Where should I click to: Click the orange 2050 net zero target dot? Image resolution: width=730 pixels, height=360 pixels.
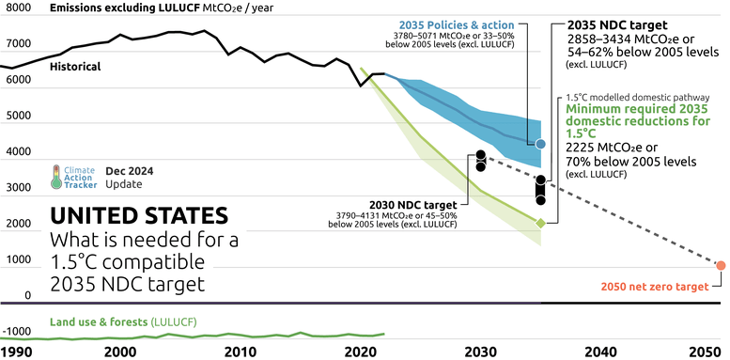[x=721, y=265]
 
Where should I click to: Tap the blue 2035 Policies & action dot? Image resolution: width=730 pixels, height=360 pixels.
[x=540, y=144]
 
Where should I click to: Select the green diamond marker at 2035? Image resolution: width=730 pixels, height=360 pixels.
[x=540, y=223]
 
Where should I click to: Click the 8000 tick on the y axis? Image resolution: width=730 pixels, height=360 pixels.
[x=16, y=8]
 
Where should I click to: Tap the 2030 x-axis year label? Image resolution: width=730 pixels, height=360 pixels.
[x=479, y=351]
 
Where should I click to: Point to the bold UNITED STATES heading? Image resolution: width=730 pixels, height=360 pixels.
[x=138, y=215]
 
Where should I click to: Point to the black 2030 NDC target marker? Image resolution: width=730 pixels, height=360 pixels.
[x=481, y=160]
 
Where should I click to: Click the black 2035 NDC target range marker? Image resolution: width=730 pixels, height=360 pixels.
[x=540, y=189]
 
